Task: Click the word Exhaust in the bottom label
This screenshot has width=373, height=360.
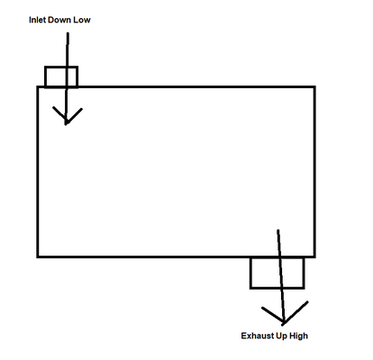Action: [x=258, y=336]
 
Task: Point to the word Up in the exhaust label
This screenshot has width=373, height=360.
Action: [x=281, y=336]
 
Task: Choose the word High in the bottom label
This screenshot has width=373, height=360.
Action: [x=298, y=336]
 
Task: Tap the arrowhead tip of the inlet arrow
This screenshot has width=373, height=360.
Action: [x=66, y=124]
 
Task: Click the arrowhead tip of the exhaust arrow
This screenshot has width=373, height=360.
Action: [x=284, y=323]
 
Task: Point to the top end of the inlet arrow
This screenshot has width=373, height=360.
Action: [x=68, y=33]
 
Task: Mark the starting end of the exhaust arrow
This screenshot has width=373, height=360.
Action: [x=278, y=230]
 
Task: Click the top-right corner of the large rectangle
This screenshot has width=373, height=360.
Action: [x=314, y=87]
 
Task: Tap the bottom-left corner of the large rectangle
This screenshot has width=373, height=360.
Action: [x=38, y=256]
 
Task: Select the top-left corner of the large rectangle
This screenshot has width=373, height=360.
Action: [x=38, y=87]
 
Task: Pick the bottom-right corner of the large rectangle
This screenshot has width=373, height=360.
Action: [x=314, y=256]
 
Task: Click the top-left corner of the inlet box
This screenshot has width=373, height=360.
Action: [x=45, y=67]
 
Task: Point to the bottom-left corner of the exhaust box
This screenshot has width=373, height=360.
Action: [x=250, y=288]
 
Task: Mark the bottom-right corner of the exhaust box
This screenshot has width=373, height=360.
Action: [x=304, y=288]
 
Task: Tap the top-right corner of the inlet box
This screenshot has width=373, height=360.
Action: [x=77, y=67]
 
